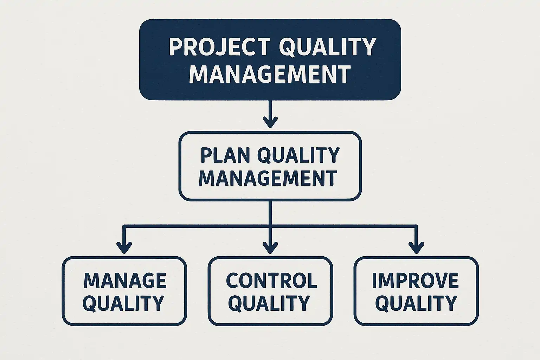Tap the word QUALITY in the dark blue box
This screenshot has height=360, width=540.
(x=328, y=47)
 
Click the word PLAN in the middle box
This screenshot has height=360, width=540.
(x=225, y=155)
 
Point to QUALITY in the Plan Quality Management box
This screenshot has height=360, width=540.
(x=298, y=155)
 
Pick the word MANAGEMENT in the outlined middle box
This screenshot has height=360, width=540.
(x=268, y=178)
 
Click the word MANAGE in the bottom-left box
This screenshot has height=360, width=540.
(x=125, y=281)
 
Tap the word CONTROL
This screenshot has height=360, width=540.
(x=271, y=281)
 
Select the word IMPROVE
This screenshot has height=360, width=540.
(x=415, y=281)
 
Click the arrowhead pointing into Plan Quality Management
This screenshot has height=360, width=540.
(x=270, y=122)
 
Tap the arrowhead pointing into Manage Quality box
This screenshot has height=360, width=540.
(x=124, y=248)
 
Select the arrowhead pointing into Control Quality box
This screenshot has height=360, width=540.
(x=270, y=248)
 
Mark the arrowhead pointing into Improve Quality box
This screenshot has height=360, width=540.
(x=416, y=248)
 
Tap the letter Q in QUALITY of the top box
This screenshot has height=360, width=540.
(x=287, y=48)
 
